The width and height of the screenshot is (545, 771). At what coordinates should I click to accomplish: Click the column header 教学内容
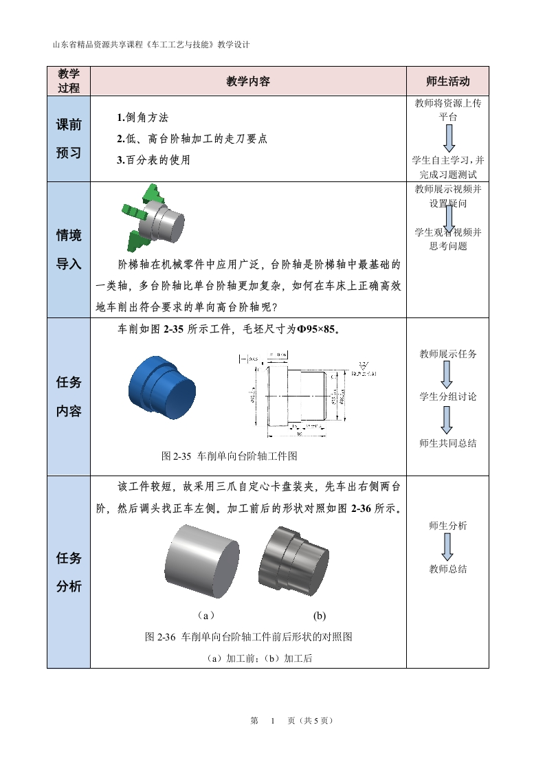pos(248,81)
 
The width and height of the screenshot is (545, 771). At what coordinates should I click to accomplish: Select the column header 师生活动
pos(447,81)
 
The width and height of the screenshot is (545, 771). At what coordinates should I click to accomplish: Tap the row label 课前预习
pos(69,139)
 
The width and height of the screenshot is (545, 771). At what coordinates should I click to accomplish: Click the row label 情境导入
pos(69,249)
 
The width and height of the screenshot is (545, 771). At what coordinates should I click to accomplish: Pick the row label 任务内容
pos(69,396)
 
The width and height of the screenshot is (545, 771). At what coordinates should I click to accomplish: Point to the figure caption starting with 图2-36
pos(248,637)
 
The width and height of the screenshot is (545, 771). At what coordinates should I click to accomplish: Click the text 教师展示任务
pos(447,354)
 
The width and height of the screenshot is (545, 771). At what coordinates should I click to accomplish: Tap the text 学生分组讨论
pos(447,396)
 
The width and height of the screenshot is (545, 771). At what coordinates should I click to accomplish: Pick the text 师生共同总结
pos(447,443)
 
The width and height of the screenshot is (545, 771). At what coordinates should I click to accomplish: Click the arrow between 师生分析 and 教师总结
pos(447,546)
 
